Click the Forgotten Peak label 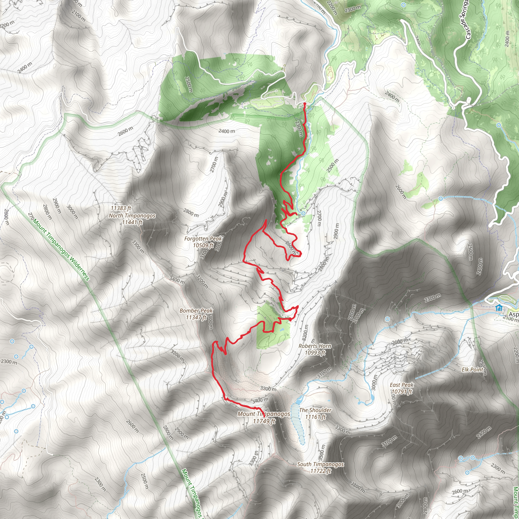203,238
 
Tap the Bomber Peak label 196,310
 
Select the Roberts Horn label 315,346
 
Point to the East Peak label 402,385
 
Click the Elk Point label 473,370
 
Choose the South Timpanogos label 320,464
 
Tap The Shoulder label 315,410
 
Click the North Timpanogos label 132,215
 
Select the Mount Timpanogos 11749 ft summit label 264,414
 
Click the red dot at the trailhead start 305,103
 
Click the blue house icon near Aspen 499,308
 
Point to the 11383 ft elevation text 121,208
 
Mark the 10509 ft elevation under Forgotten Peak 203,245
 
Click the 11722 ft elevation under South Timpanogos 321,471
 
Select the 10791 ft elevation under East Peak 402,392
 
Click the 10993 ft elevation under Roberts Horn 315,353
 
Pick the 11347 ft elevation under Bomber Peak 196,317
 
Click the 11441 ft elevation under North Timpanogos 132,222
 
